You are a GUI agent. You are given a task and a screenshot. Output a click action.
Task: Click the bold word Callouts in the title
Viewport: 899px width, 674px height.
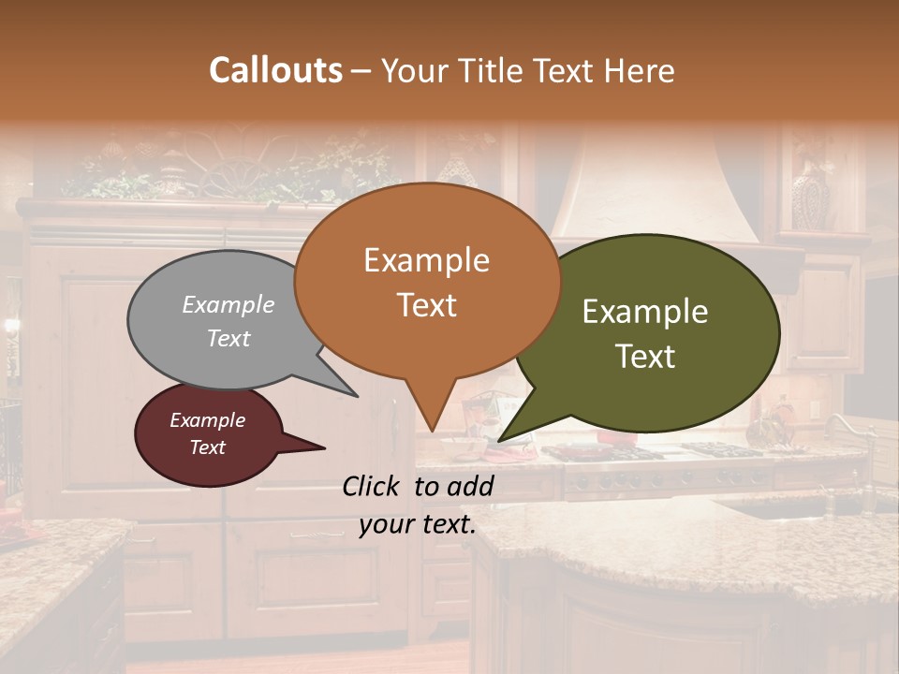click(275, 70)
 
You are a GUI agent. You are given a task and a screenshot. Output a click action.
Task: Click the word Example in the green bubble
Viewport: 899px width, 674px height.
click(645, 312)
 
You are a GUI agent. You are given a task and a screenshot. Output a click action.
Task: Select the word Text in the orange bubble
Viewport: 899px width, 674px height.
click(427, 305)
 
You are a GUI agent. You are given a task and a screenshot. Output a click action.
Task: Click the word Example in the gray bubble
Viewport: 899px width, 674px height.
click(228, 304)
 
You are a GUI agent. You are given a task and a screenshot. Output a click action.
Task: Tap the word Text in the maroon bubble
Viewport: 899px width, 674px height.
click(208, 447)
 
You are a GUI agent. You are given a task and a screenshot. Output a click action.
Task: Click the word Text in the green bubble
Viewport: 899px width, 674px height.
click(645, 357)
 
